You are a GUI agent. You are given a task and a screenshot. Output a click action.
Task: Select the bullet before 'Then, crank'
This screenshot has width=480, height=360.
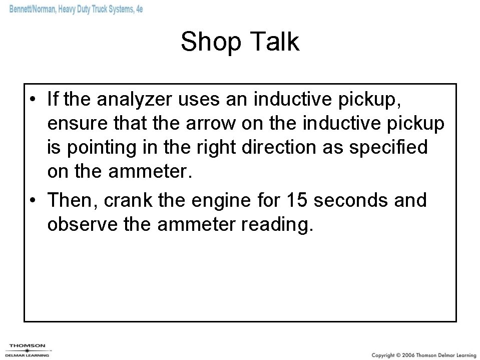click(32, 201)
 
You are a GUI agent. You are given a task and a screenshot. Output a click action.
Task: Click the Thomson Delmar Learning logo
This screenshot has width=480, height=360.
click(28, 349)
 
